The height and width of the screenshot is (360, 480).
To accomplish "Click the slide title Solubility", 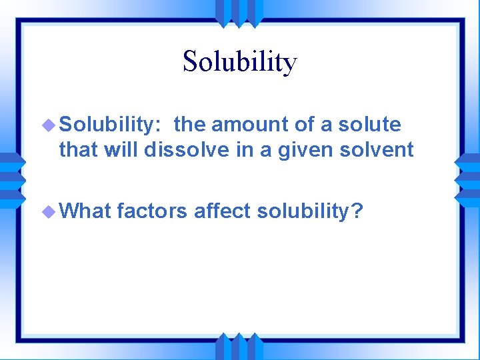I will click(x=239, y=62).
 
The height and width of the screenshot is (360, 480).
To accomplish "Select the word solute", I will click(x=371, y=124).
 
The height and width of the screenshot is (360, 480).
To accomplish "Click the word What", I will click(x=84, y=211).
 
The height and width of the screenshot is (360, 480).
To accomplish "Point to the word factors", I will click(x=152, y=211).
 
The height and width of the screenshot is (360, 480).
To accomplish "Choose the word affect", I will click(x=222, y=211).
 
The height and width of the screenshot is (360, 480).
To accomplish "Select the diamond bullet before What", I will click(x=50, y=212).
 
